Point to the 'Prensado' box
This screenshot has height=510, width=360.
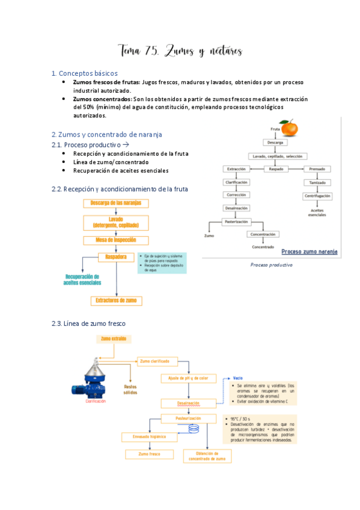point(317,169)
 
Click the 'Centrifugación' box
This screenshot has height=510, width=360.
point(317,195)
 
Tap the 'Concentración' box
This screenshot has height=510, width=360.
point(263,234)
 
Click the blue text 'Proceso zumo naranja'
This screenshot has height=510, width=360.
point(309,251)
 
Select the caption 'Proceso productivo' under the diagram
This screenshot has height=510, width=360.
point(271,265)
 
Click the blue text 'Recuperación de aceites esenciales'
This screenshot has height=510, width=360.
point(84,280)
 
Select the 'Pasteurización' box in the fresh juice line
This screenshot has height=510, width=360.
point(181,418)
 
